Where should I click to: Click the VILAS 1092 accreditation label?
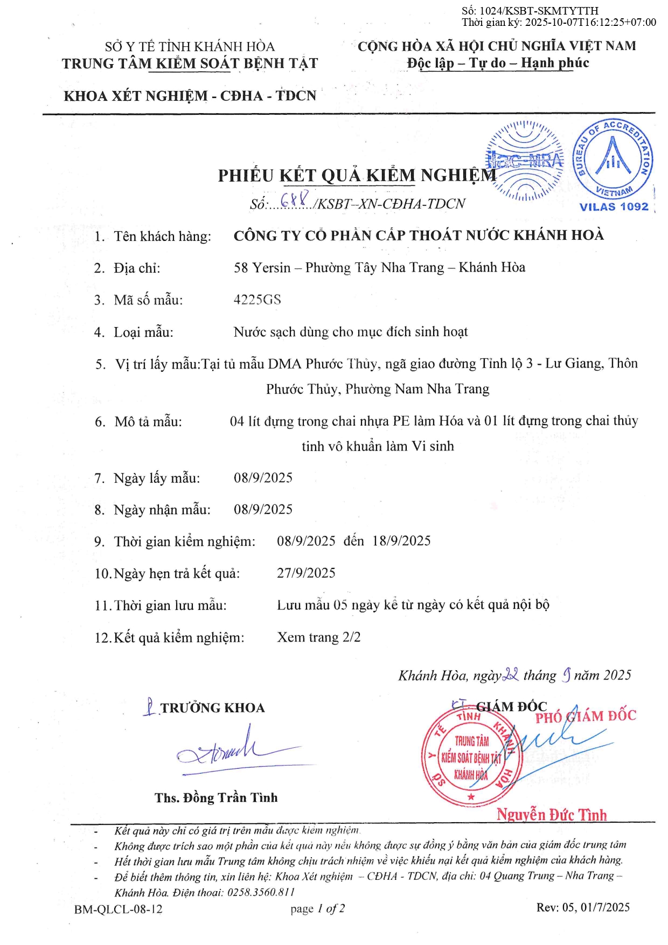click(x=614, y=206)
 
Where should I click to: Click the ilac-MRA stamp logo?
click(x=525, y=160)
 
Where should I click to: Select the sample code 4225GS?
click(x=257, y=300)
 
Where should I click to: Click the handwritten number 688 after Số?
click(x=295, y=199)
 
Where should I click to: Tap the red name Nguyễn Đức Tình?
click(x=551, y=814)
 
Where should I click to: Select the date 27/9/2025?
click(x=306, y=573)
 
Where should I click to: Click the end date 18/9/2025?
click(x=401, y=541)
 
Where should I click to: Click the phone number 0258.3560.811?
click(x=261, y=892)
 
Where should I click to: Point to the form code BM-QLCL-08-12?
click(x=119, y=909)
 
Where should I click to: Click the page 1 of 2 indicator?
click(x=317, y=909)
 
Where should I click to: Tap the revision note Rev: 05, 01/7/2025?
click(x=582, y=907)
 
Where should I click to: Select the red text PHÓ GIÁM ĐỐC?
click(x=586, y=717)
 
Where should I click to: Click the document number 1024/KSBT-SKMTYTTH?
click(x=539, y=11)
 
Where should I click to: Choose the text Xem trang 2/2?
click(x=319, y=637)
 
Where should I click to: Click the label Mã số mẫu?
click(x=148, y=300)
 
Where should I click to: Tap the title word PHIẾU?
click(x=246, y=176)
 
